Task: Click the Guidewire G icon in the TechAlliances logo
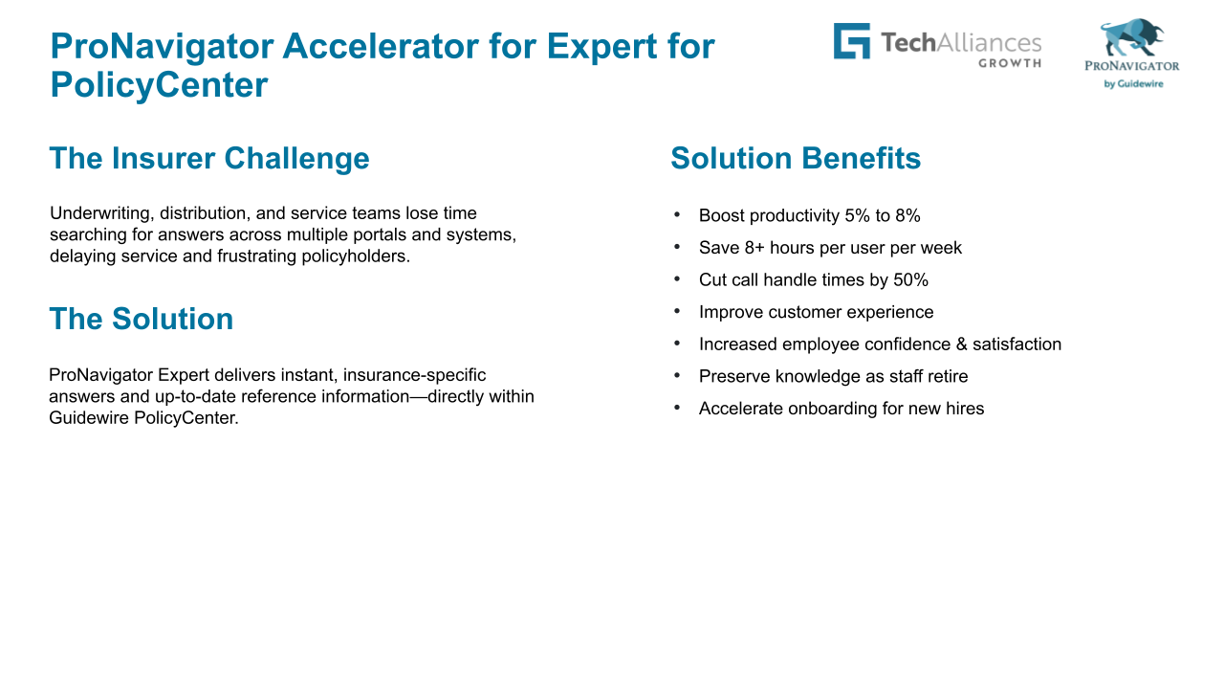click(851, 40)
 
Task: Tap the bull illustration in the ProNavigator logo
click(1131, 37)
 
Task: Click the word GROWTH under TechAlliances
click(1010, 63)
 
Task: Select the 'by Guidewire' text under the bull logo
click(1133, 83)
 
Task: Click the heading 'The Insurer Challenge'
click(209, 158)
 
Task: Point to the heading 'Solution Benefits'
click(796, 158)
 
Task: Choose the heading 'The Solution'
click(141, 319)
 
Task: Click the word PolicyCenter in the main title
click(159, 85)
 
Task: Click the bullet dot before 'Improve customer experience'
click(677, 311)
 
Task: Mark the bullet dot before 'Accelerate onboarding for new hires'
click(677, 408)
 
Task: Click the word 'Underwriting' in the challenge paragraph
click(102, 213)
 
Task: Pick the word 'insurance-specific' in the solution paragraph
click(414, 375)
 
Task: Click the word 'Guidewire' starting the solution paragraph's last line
click(89, 418)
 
